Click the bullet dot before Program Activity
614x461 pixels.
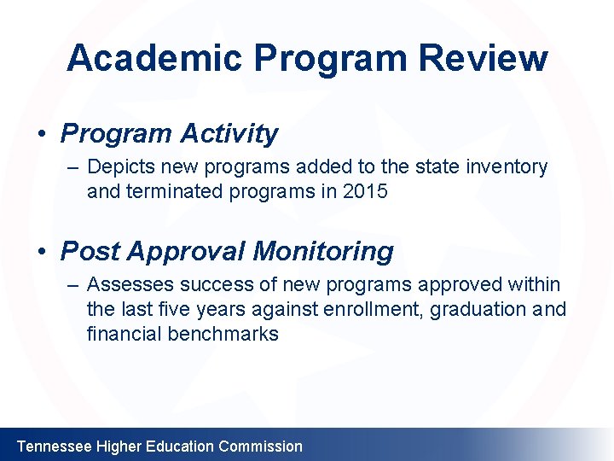40,135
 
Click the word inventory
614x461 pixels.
507,167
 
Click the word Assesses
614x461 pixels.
125,285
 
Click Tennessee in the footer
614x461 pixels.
55,446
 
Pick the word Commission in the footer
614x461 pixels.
260,446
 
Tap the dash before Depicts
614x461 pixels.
72,167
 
